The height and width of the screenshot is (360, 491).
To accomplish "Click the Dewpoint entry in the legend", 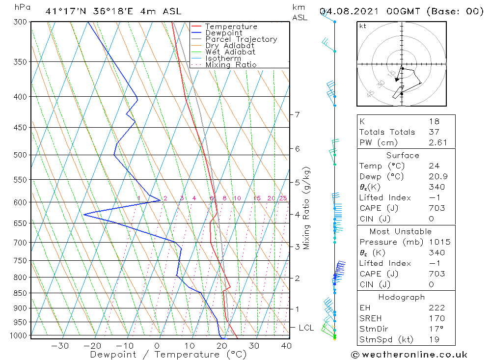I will pos(223,33).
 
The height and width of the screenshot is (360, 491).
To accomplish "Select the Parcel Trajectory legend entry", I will pos(241,39).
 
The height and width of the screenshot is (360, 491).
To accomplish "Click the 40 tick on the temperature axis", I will pos(286,346).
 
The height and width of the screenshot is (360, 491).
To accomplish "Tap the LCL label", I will pos(306,328).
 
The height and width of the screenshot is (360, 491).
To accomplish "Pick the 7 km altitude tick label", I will pos(297,115).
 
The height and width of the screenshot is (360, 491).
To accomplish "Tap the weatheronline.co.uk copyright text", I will pos(409,355).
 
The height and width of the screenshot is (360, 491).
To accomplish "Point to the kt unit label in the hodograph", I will pos(362,26).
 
